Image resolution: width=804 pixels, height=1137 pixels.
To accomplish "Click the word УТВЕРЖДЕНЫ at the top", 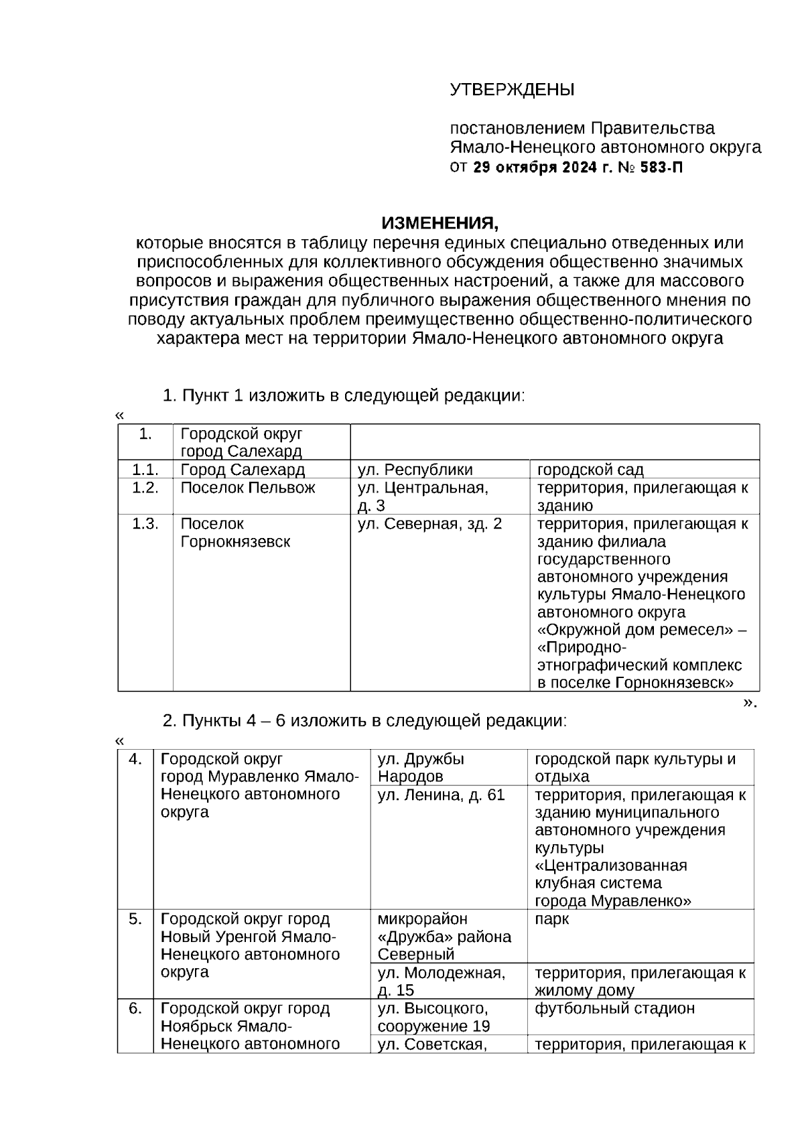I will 511,90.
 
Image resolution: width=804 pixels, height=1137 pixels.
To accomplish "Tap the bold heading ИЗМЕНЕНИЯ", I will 440,222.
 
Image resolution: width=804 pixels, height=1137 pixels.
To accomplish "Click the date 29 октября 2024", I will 534,168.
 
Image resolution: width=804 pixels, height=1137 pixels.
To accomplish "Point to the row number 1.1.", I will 145,470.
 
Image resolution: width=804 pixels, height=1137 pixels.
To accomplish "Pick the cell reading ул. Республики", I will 415,470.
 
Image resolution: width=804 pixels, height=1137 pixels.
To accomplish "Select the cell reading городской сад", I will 590,470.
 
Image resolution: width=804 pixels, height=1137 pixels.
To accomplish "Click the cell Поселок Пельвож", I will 247,488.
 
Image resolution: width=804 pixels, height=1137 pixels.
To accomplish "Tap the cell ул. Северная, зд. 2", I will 429,524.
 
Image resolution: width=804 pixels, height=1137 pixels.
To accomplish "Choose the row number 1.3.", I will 145,524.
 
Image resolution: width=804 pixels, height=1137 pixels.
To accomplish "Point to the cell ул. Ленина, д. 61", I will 441,795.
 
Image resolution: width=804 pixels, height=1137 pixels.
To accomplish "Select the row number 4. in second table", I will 136,759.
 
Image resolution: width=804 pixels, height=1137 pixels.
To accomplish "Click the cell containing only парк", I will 551,919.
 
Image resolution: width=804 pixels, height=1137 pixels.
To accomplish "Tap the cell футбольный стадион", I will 614,1008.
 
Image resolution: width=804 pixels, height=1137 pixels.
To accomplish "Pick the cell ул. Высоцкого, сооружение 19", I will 433,1017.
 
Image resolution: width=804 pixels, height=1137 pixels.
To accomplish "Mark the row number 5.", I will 136,919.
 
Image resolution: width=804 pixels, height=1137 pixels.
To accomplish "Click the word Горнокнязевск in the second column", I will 235,541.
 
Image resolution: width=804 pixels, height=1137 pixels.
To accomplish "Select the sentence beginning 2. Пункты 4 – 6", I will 365,721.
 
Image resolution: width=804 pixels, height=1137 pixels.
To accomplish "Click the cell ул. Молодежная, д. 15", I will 441,981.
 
